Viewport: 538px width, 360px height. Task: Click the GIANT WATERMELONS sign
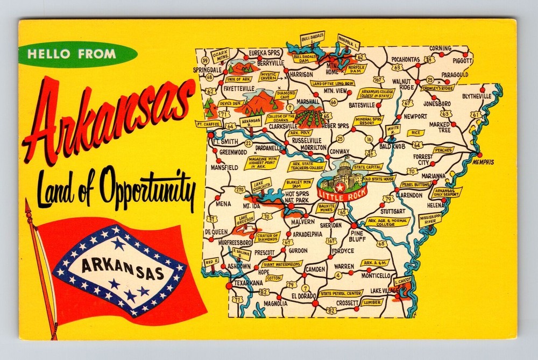click(x=282, y=264)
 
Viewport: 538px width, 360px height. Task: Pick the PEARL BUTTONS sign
click(x=415, y=184)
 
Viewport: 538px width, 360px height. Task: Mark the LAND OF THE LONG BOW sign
click(x=332, y=83)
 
